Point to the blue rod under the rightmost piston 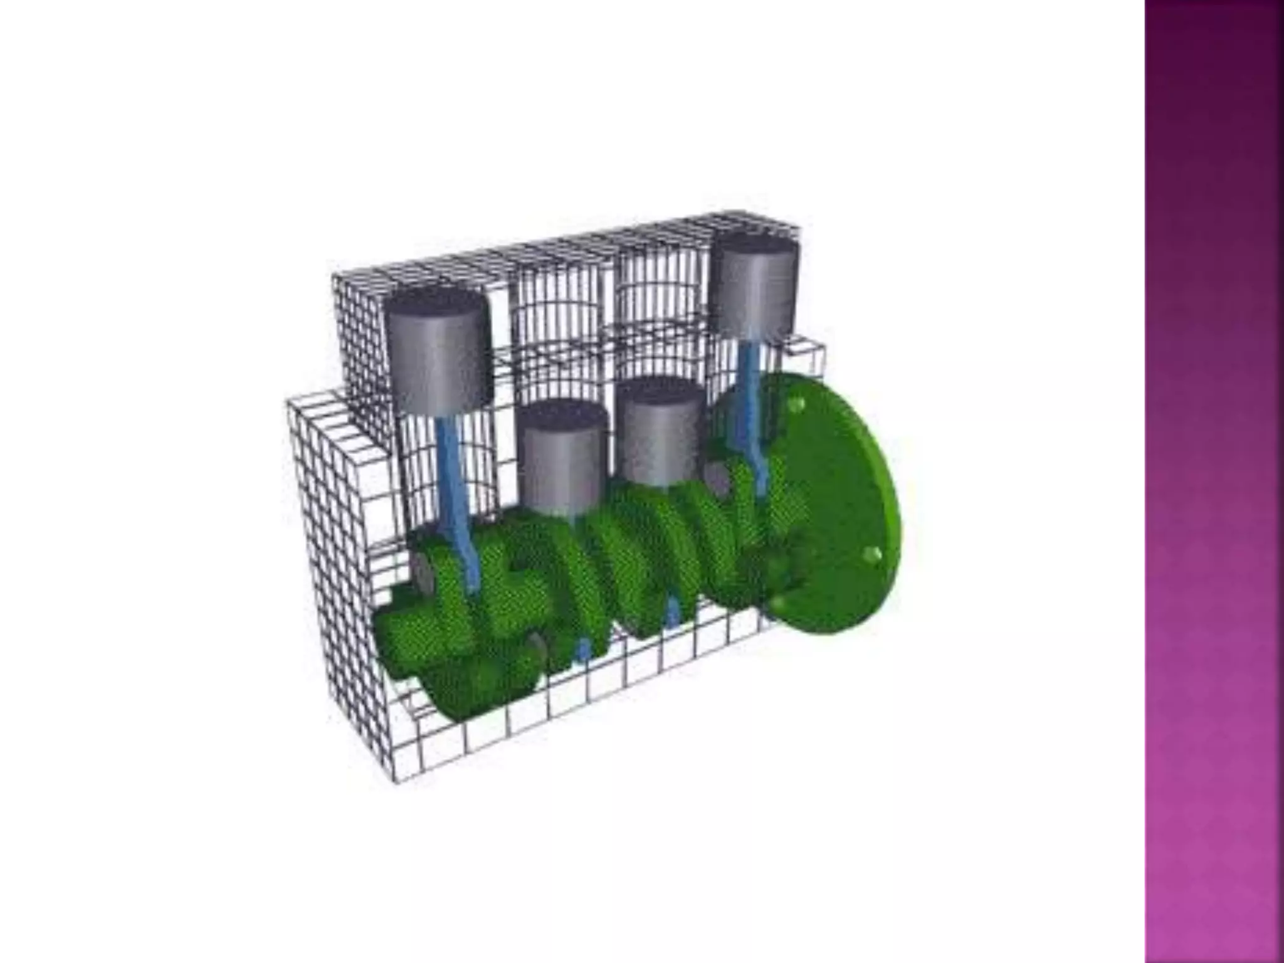750,389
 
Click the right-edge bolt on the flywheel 871,554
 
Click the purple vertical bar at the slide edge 1214,481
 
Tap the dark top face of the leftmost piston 437,302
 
